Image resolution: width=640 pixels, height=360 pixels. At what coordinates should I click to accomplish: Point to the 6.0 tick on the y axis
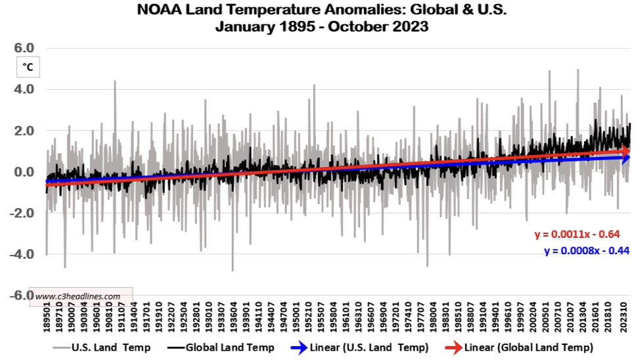click(x=24, y=48)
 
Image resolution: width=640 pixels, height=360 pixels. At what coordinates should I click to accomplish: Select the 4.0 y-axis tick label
click(x=24, y=89)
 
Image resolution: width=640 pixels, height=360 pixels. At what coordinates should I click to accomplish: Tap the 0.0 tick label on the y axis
click(x=24, y=172)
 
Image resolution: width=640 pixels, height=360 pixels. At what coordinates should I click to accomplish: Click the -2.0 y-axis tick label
click(x=22, y=213)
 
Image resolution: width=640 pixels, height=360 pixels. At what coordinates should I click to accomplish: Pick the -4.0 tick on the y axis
click(x=22, y=254)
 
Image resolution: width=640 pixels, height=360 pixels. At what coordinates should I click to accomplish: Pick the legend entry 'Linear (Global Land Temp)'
click(x=530, y=347)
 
